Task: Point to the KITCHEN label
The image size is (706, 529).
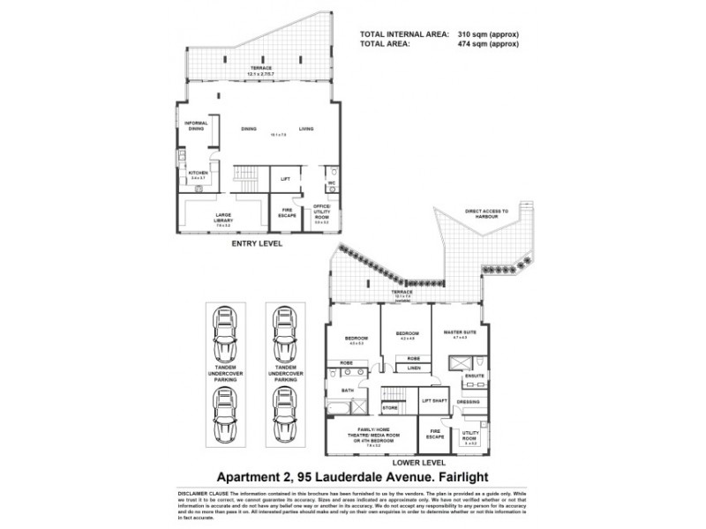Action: tap(197, 173)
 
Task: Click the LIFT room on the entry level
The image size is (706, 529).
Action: tap(285, 178)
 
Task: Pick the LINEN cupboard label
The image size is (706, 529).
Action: tap(412, 369)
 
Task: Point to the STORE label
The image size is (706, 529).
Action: tap(391, 408)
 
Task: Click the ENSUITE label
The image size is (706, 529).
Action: tap(475, 376)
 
